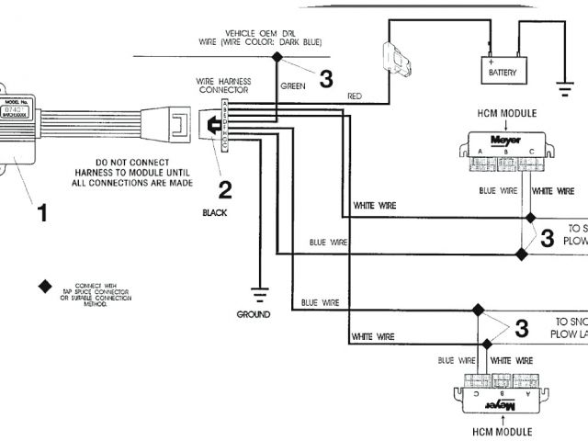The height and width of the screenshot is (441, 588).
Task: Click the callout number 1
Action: [x=40, y=213]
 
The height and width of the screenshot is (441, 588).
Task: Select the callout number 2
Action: [x=224, y=190]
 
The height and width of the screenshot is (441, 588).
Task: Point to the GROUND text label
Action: [x=253, y=314]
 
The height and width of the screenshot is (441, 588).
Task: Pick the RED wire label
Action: [x=355, y=96]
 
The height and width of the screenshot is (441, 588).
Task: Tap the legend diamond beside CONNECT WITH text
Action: [x=44, y=285]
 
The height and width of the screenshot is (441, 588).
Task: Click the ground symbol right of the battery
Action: [x=560, y=91]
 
